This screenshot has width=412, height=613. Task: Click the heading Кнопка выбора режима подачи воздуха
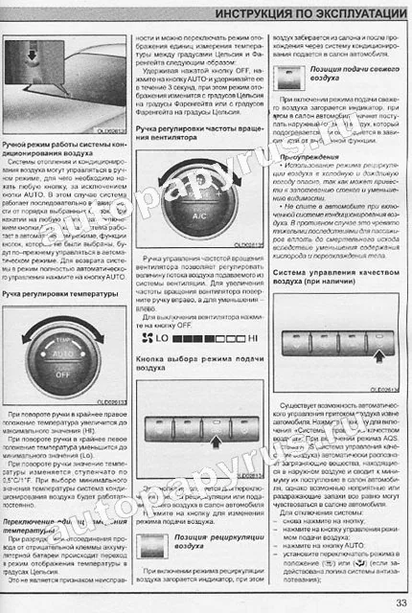(x=198, y=359)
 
